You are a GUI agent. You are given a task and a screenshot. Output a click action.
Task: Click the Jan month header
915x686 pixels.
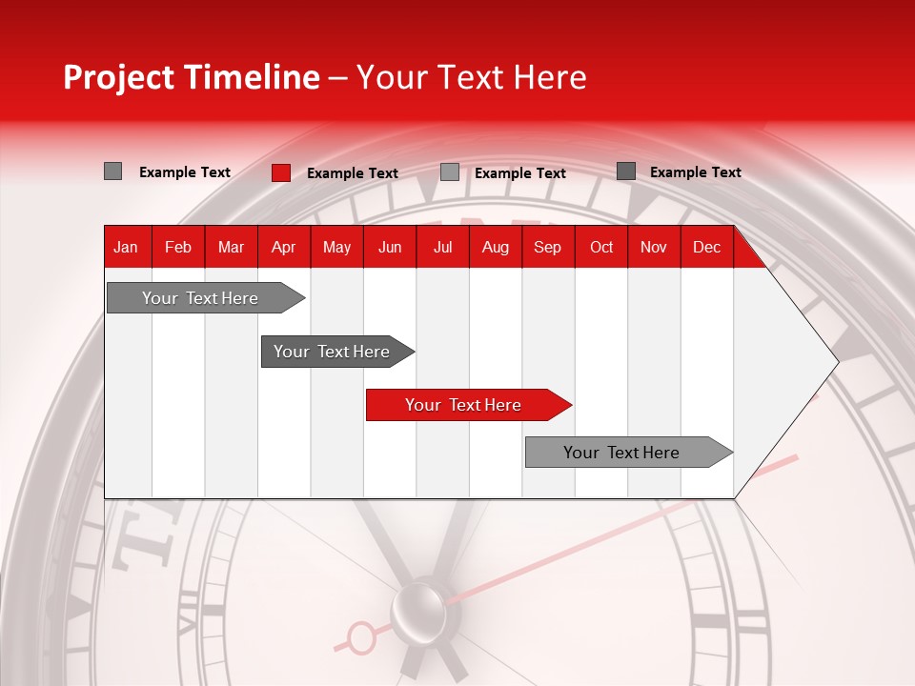[126, 247]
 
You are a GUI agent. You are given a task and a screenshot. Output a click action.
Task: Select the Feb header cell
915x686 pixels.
[178, 247]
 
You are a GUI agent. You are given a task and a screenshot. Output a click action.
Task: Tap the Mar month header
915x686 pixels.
[231, 247]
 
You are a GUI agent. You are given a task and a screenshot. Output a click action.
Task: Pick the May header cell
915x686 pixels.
[336, 247]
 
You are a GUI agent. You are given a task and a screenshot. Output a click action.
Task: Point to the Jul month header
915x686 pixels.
[442, 247]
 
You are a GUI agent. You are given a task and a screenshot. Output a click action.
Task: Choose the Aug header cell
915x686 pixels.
[496, 247]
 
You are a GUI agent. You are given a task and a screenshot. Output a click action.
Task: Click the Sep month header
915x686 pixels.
[548, 247]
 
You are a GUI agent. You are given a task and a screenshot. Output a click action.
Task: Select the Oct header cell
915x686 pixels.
[601, 247]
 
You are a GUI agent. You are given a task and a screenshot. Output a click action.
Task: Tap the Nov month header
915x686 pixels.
[654, 247]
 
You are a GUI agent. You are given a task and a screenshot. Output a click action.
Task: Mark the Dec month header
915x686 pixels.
[707, 247]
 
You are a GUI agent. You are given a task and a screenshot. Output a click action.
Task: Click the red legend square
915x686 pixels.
[281, 172]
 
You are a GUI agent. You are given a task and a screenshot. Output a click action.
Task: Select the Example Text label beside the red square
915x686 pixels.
[353, 173]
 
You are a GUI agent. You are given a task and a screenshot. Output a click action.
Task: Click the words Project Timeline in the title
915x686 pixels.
[192, 77]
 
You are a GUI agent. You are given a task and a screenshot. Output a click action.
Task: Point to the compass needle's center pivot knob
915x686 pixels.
[418, 606]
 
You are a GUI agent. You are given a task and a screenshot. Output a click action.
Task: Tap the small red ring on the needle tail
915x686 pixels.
[361, 637]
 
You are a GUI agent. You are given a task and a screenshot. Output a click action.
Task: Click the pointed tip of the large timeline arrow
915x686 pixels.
[836, 361]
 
